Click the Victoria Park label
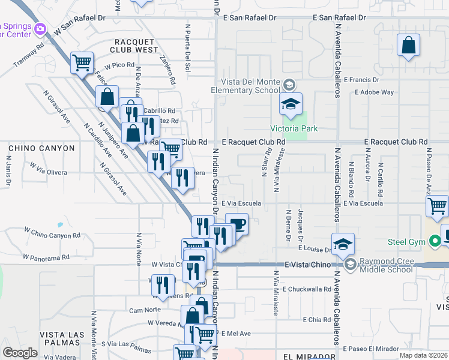tap(294, 128)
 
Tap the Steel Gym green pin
tap(436, 242)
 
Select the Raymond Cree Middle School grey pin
tap(350, 263)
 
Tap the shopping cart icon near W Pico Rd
tap(82, 62)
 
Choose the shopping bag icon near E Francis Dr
tap(408, 46)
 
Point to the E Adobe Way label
tap(375, 92)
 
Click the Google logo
tap(19, 352)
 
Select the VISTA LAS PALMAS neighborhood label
tap(66, 334)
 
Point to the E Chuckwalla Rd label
tap(310, 289)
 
